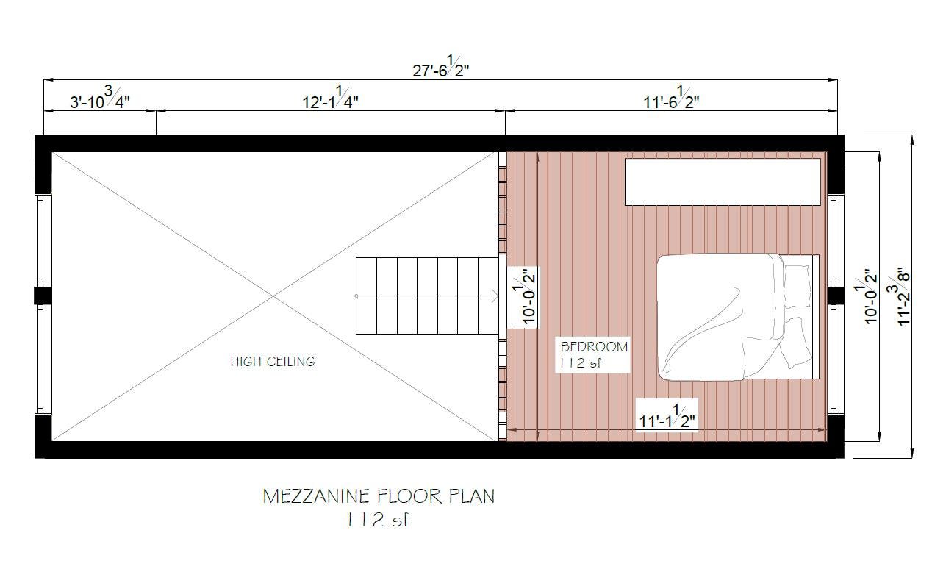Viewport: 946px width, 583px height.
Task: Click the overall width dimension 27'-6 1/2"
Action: click(441, 70)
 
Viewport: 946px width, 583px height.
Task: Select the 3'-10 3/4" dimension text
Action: click(100, 101)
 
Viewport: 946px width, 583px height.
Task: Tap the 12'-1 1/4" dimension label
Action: click(331, 101)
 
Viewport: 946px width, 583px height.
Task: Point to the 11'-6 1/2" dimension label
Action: click(671, 101)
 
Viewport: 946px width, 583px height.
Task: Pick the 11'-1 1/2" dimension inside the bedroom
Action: click(667, 420)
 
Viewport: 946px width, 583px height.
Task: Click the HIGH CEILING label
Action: click(272, 361)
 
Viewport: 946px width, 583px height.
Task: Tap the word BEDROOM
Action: click(595, 346)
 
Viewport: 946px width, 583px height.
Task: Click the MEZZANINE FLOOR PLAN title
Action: click(379, 496)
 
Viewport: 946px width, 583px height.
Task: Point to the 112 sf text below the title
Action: click(377, 520)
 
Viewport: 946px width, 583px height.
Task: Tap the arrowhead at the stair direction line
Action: click(495, 296)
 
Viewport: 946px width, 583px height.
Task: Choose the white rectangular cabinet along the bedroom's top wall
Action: click(723, 182)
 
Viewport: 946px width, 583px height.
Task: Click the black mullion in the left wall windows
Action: click(43, 296)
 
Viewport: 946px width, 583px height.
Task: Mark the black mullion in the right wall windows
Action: click(836, 296)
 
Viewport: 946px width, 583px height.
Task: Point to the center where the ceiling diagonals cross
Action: click(275, 296)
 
